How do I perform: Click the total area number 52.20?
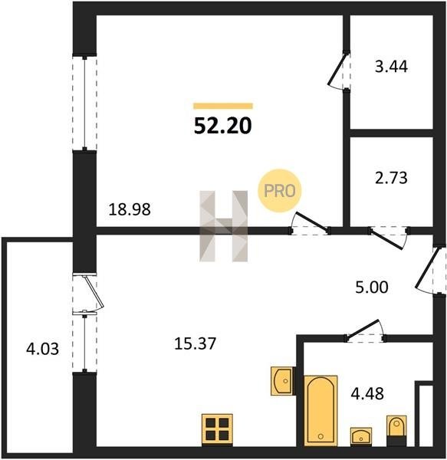[222, 126]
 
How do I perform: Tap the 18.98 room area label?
[130, 209]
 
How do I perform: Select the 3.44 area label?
[391, 67]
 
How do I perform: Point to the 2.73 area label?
[391, 178]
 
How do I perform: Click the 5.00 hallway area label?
[372, 287]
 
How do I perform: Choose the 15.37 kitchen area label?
[195, 343]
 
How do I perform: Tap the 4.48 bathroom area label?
[367, 394]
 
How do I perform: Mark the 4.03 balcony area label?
[42, 349]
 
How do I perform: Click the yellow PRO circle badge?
[280, 191]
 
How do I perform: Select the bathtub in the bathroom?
[320, 410]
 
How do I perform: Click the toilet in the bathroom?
[396, 431]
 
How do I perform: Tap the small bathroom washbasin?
[361, 436]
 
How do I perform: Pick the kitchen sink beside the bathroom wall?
[283, 381]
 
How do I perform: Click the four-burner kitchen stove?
[217, 430]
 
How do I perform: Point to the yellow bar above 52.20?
[223, 106]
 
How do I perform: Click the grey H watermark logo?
[224, 226]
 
